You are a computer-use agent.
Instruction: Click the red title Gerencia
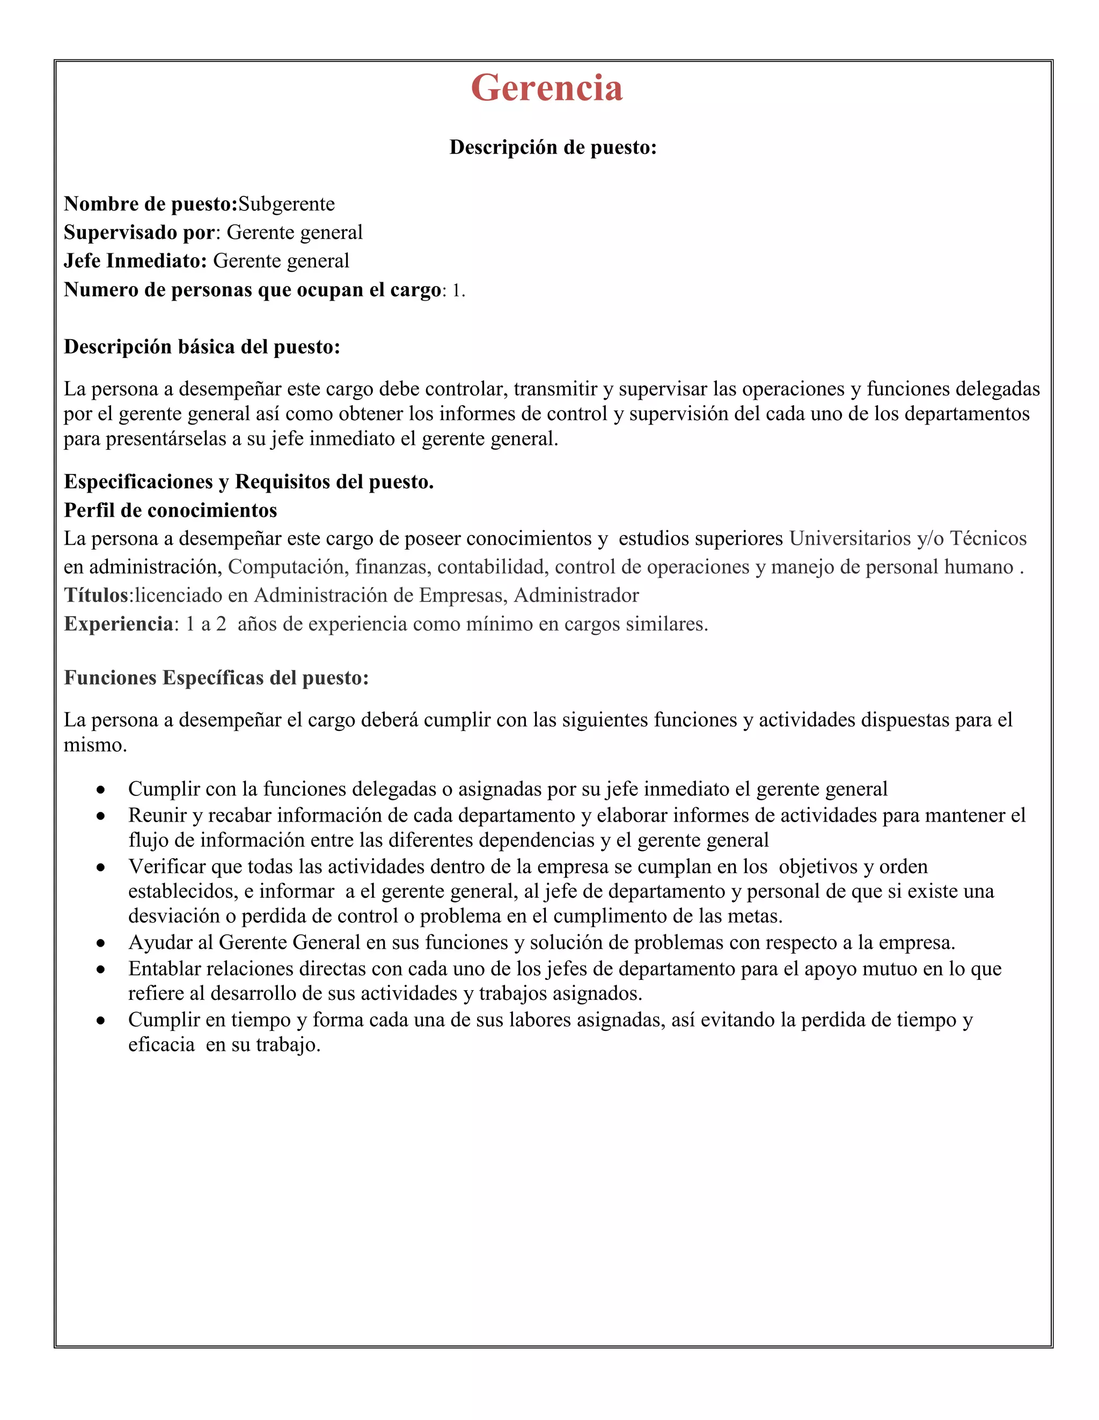tap(546, 88)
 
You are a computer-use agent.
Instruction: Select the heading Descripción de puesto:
tap(553, 148)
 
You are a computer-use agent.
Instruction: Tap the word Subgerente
tap(286, 204)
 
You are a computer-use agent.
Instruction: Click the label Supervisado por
tap(139, 233)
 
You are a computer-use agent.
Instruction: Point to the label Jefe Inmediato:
tap(135, 261)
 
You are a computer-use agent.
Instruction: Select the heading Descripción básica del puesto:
tap(202, 347)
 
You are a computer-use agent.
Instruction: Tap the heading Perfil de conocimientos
tap(171, 510)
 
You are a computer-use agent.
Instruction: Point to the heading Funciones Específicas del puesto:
tap(216, 678)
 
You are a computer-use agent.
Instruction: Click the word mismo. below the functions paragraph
tap(95, 745)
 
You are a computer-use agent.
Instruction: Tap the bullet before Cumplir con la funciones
tap(101, 790)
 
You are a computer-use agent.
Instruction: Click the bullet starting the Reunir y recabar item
tap(101, 816)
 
